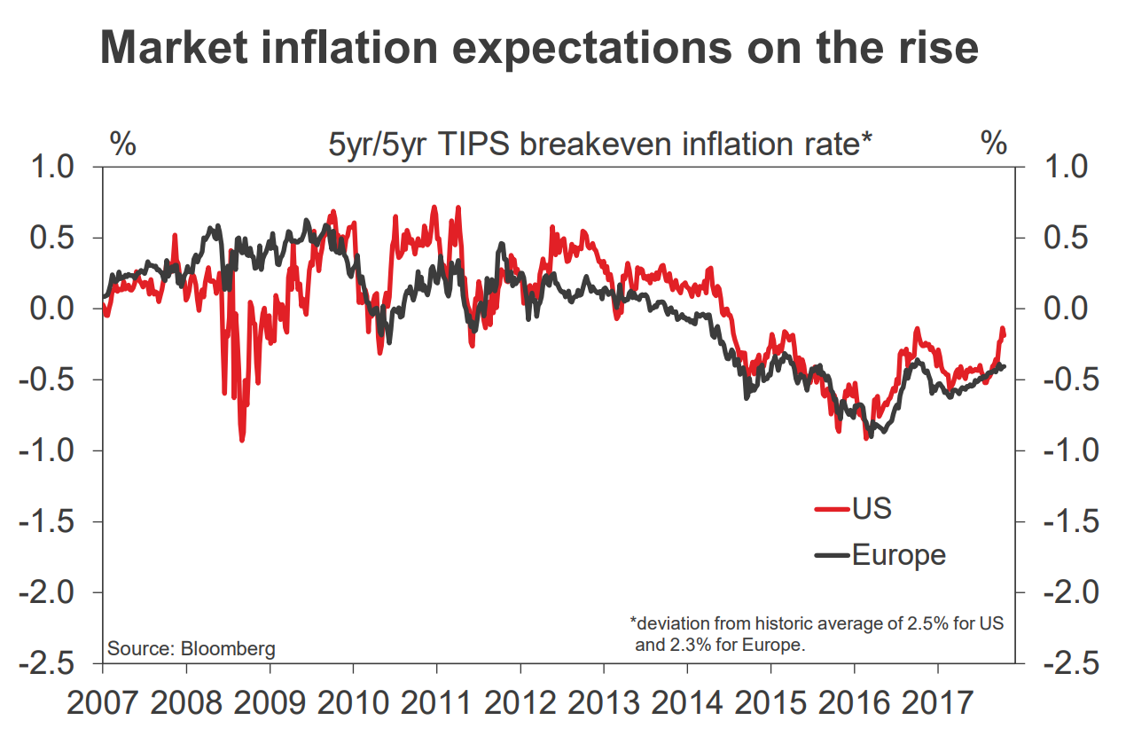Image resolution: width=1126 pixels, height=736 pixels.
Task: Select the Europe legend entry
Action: pyautogui.click(x=898, y=555)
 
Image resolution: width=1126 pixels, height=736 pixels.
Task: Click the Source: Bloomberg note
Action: pyautogui.click(x=192, y=648)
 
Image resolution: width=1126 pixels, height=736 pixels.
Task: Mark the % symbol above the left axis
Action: pyautogui.click(x=122, y=144)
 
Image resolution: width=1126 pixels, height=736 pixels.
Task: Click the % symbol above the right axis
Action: pyautogui.click(x=994, y=144)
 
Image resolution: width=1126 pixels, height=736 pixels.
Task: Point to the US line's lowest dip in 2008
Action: pyautogui.click(x=242, y=439)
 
